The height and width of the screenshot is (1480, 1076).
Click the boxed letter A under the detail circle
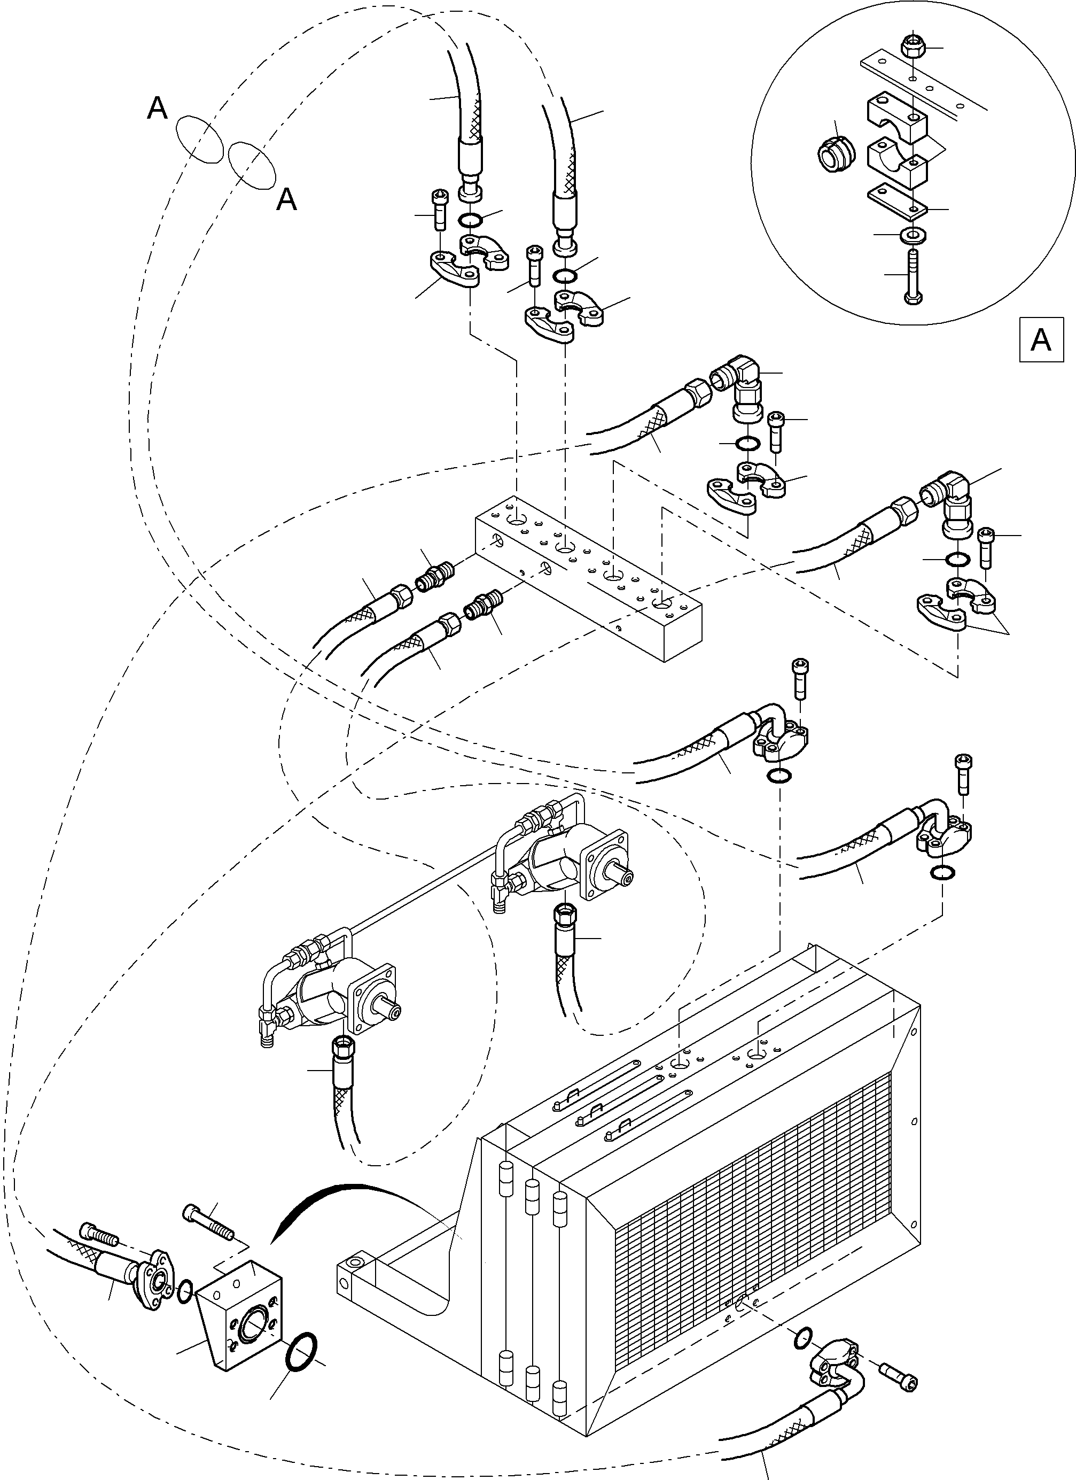(1040, 340)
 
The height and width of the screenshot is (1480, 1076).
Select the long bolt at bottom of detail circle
(911, 275)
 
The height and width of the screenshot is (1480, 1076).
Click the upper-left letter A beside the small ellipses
(157, 109)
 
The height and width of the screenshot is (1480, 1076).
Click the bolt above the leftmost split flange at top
(439, 209)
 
